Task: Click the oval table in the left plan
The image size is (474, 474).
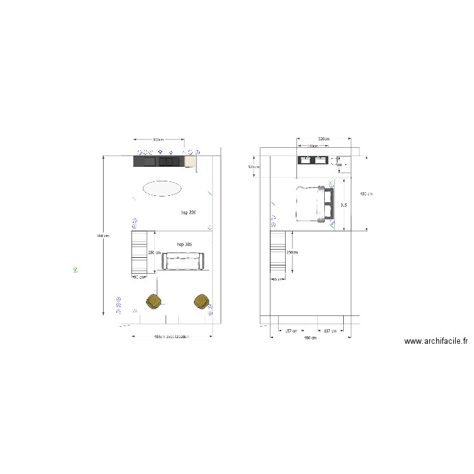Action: [x=162, y=188]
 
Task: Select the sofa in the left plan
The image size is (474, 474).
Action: [x=183, y=260]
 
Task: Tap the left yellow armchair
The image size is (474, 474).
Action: [x=153, y=301]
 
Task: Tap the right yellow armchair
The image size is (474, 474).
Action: [x=202, y=301]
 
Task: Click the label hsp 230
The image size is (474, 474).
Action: [x=188, y=213]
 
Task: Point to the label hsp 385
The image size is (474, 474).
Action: [x=185, y=244]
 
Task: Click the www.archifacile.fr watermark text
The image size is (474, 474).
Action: [x=435, y=341]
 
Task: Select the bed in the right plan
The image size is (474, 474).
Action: [x=313, y=204]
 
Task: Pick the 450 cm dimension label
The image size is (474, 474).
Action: [x=365, y=193]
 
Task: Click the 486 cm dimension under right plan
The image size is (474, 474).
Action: [x=310, y=339]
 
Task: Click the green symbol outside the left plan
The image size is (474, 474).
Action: [x=75, y=270]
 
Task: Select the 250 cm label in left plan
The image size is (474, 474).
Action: [x=154, y=252]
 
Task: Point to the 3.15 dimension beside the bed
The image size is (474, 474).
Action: [x=343, y=205]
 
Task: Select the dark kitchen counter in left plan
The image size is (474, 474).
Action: [x=158, y=162]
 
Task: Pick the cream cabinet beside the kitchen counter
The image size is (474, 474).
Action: [x=189, y=162]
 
